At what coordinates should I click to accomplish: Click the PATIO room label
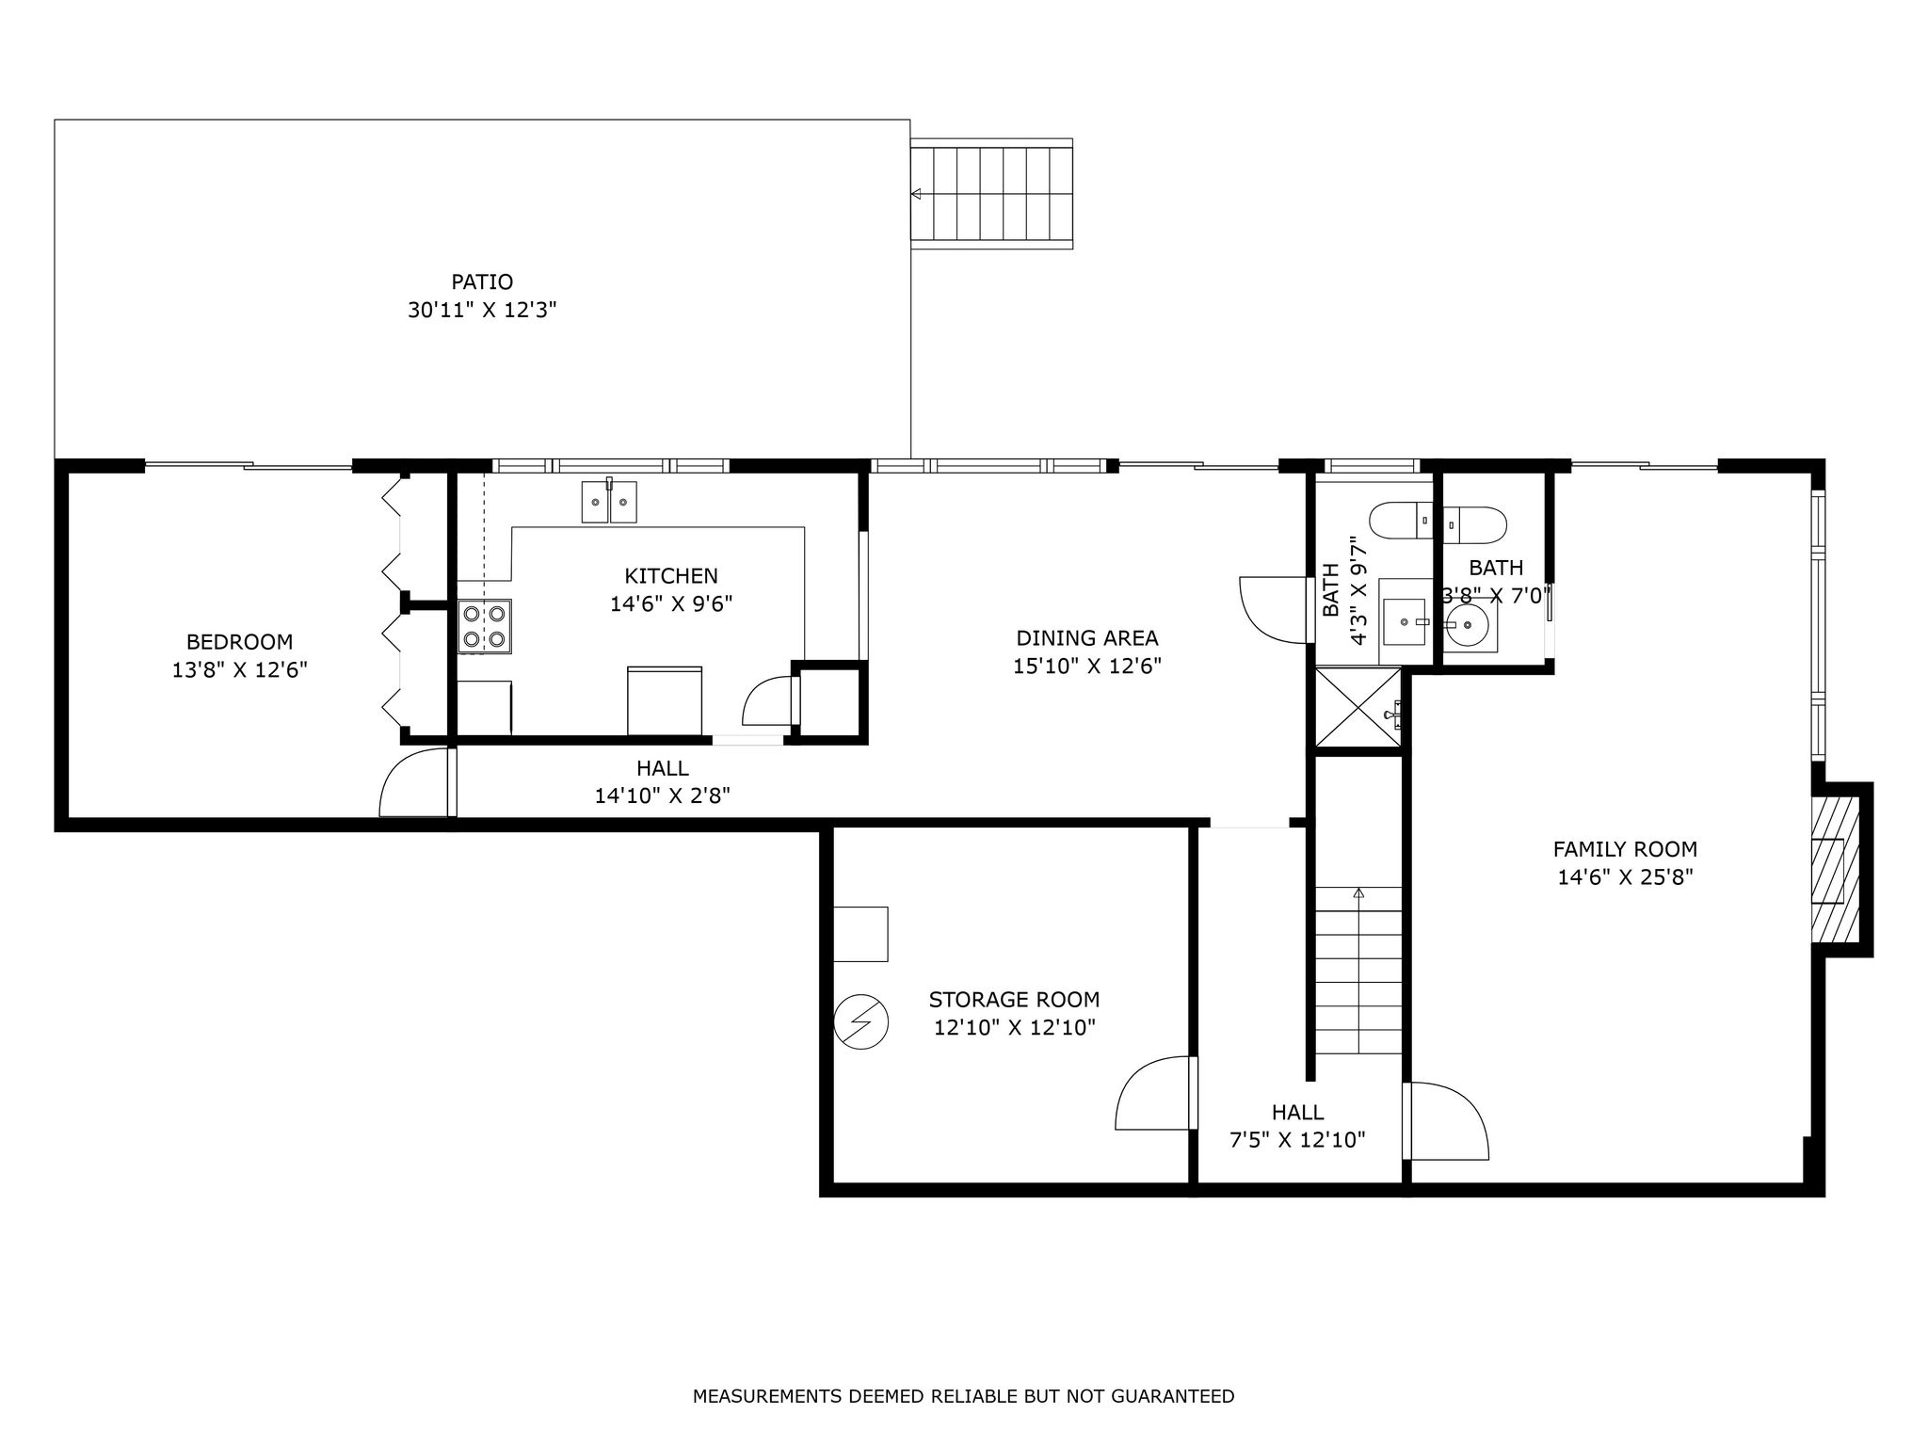pos(482,281)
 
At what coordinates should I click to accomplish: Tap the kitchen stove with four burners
pos(485,627)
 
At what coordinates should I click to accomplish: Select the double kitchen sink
pos(609,501)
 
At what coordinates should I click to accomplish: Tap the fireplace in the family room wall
pos(1835,869)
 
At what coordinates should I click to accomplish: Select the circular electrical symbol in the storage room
pos(860,1020)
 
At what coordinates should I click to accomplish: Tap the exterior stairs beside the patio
pos(992,194)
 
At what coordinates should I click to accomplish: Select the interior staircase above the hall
pos(1358,971)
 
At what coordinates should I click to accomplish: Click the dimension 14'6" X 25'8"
pos(1626,877)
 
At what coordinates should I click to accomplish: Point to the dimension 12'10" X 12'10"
pos(1015,1027)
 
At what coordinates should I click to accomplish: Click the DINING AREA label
pos(1087,638)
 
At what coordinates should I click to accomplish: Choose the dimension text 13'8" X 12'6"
pos(240,670)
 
